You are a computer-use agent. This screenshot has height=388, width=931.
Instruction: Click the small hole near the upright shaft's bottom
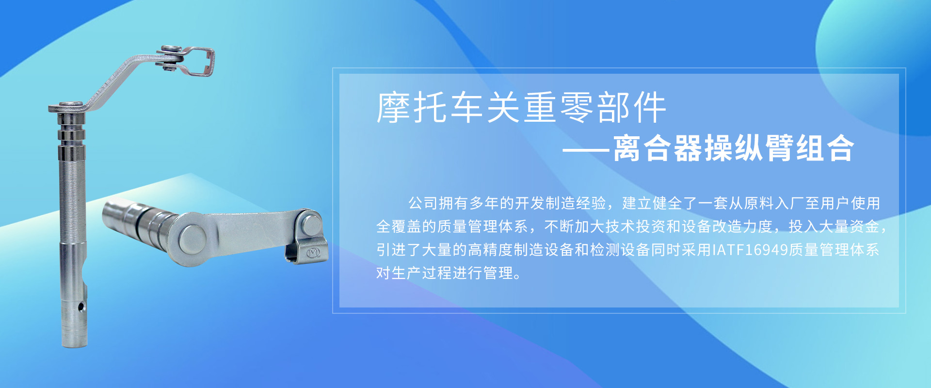(x=81, y=307)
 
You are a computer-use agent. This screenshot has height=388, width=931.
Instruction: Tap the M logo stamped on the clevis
(x=313, y=252)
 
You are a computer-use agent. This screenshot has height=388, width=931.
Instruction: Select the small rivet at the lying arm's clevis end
(x=310, y=224)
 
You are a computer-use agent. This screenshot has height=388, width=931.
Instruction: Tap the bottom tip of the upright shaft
(x=74, y=345)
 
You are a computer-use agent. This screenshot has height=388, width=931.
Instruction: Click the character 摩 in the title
(x=394, y=107)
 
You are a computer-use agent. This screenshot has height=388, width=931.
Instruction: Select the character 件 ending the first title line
(x=649, y=107)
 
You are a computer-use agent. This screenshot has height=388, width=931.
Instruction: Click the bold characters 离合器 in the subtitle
(x=658, y=148)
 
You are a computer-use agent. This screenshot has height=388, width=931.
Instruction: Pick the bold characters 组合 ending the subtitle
(x=824, y=148)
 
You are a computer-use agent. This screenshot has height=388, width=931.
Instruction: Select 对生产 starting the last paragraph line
(x=399, y=273)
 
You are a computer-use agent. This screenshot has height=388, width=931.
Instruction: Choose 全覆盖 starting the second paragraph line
(x=399, y=226)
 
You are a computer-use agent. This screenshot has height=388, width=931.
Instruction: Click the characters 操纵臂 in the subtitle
(x=749, y=148)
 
